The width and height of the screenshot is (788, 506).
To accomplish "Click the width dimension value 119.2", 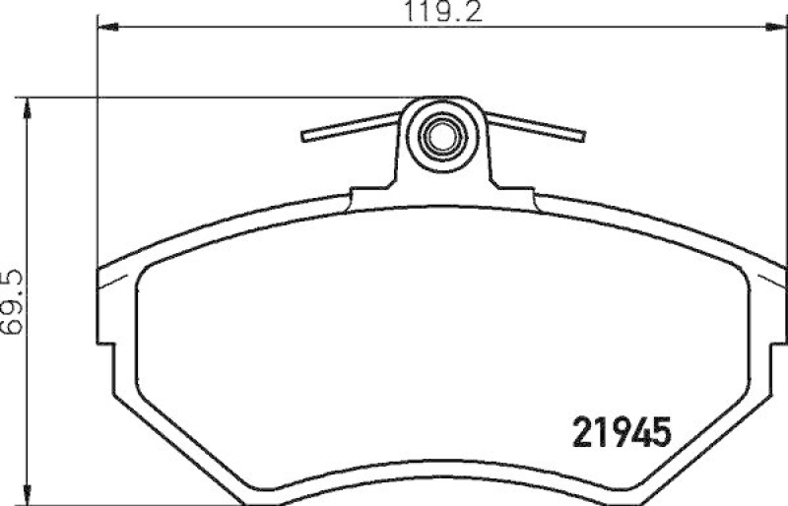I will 441,13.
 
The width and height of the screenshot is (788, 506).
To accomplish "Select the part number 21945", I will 622,432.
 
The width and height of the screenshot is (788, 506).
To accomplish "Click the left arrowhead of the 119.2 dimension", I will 104,30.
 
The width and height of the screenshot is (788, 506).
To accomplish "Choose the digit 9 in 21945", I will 612,432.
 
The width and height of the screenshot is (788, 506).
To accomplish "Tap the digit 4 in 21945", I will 635,432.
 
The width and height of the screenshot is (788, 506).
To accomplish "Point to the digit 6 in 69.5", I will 12,324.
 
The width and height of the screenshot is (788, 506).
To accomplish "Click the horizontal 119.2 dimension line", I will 295,30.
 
